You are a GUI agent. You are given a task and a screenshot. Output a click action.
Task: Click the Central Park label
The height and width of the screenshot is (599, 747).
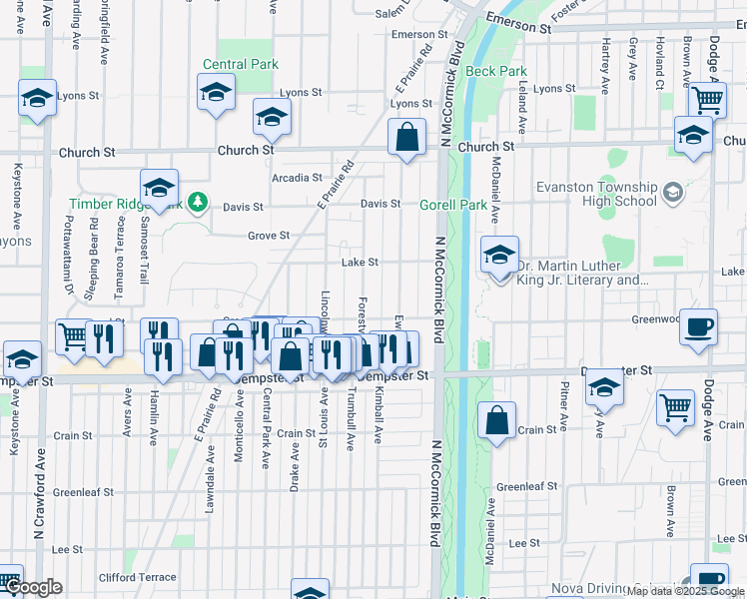pos(240,64)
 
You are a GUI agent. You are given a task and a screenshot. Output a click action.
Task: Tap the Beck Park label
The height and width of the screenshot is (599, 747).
pos(496,71)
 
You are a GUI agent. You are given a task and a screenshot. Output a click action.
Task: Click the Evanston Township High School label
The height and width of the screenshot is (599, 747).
pos(594,194)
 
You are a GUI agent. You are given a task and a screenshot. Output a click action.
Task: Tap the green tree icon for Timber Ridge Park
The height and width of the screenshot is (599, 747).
pos(198,203)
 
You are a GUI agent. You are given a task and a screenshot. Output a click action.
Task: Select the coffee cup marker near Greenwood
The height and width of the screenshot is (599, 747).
pos(698,326)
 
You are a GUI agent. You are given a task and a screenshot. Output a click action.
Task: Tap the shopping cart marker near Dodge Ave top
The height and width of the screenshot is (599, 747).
pos(707,99)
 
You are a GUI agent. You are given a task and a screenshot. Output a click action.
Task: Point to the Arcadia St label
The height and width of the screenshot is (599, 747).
pos(296,178)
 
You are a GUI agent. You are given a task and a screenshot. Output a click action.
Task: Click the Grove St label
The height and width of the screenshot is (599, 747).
pos(269,236)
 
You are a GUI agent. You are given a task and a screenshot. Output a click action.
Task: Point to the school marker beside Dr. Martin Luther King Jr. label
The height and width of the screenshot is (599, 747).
pos(498,255)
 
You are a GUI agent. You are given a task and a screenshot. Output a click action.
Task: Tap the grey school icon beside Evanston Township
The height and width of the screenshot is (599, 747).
pos(672,190)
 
